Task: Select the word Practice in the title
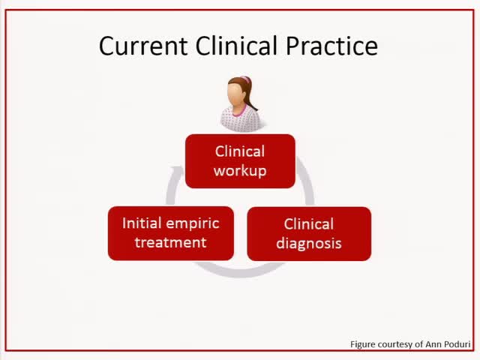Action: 332,46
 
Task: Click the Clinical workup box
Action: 240,160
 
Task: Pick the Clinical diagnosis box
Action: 309,233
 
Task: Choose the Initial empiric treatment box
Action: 170,232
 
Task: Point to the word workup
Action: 240,170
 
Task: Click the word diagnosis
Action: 309,243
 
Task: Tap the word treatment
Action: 170,242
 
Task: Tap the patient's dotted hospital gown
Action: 239,120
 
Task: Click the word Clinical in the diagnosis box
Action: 309,223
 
